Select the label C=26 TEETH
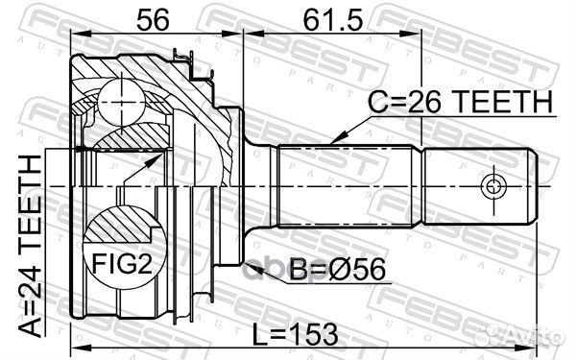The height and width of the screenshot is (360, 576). tap(461, 102)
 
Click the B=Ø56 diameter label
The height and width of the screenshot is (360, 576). tap(338, 269)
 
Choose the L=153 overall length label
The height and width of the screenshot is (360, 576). tap(296, 335)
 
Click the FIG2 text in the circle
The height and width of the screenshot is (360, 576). tap(122, 264)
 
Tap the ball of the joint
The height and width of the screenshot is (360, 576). tap(122, 103)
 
